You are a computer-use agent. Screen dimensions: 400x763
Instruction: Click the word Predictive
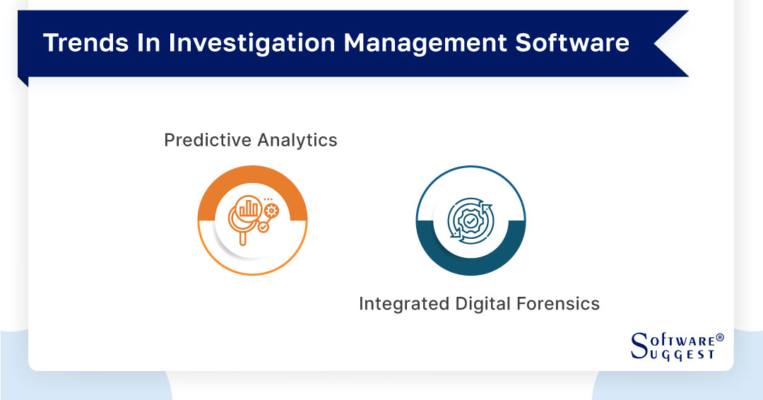[206, 140]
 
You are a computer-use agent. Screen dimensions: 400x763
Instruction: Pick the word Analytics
[297, 140]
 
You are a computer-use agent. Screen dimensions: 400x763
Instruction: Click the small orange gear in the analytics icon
[271, 210]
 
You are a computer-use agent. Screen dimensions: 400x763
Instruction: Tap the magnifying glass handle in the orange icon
[243, 238]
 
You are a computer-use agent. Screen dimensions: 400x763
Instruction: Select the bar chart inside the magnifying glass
[249, 208]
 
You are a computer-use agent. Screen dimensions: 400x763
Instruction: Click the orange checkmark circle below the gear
[264, 228]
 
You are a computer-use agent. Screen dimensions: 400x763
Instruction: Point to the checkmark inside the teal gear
[470, 221]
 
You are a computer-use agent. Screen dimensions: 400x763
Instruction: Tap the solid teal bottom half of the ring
[470, 263]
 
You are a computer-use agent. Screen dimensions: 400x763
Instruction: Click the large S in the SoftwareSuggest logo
[639, 346]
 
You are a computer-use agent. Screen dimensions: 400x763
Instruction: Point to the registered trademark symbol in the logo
[720, 338]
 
